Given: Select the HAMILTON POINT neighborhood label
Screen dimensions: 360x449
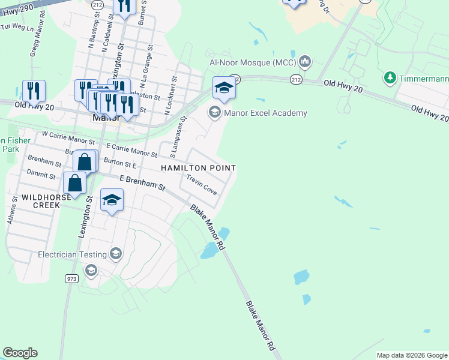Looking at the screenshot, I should (198, 169).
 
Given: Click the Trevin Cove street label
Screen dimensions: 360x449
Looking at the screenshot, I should (201, 185).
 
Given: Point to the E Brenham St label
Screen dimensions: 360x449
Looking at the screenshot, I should (142, 183).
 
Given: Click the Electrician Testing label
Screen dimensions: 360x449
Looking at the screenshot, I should (72, 254).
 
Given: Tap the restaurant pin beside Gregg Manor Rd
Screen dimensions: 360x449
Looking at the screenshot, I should (34, 91).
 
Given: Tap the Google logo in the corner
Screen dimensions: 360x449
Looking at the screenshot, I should (20, 353).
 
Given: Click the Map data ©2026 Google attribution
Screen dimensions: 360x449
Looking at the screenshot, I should (411, 355).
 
